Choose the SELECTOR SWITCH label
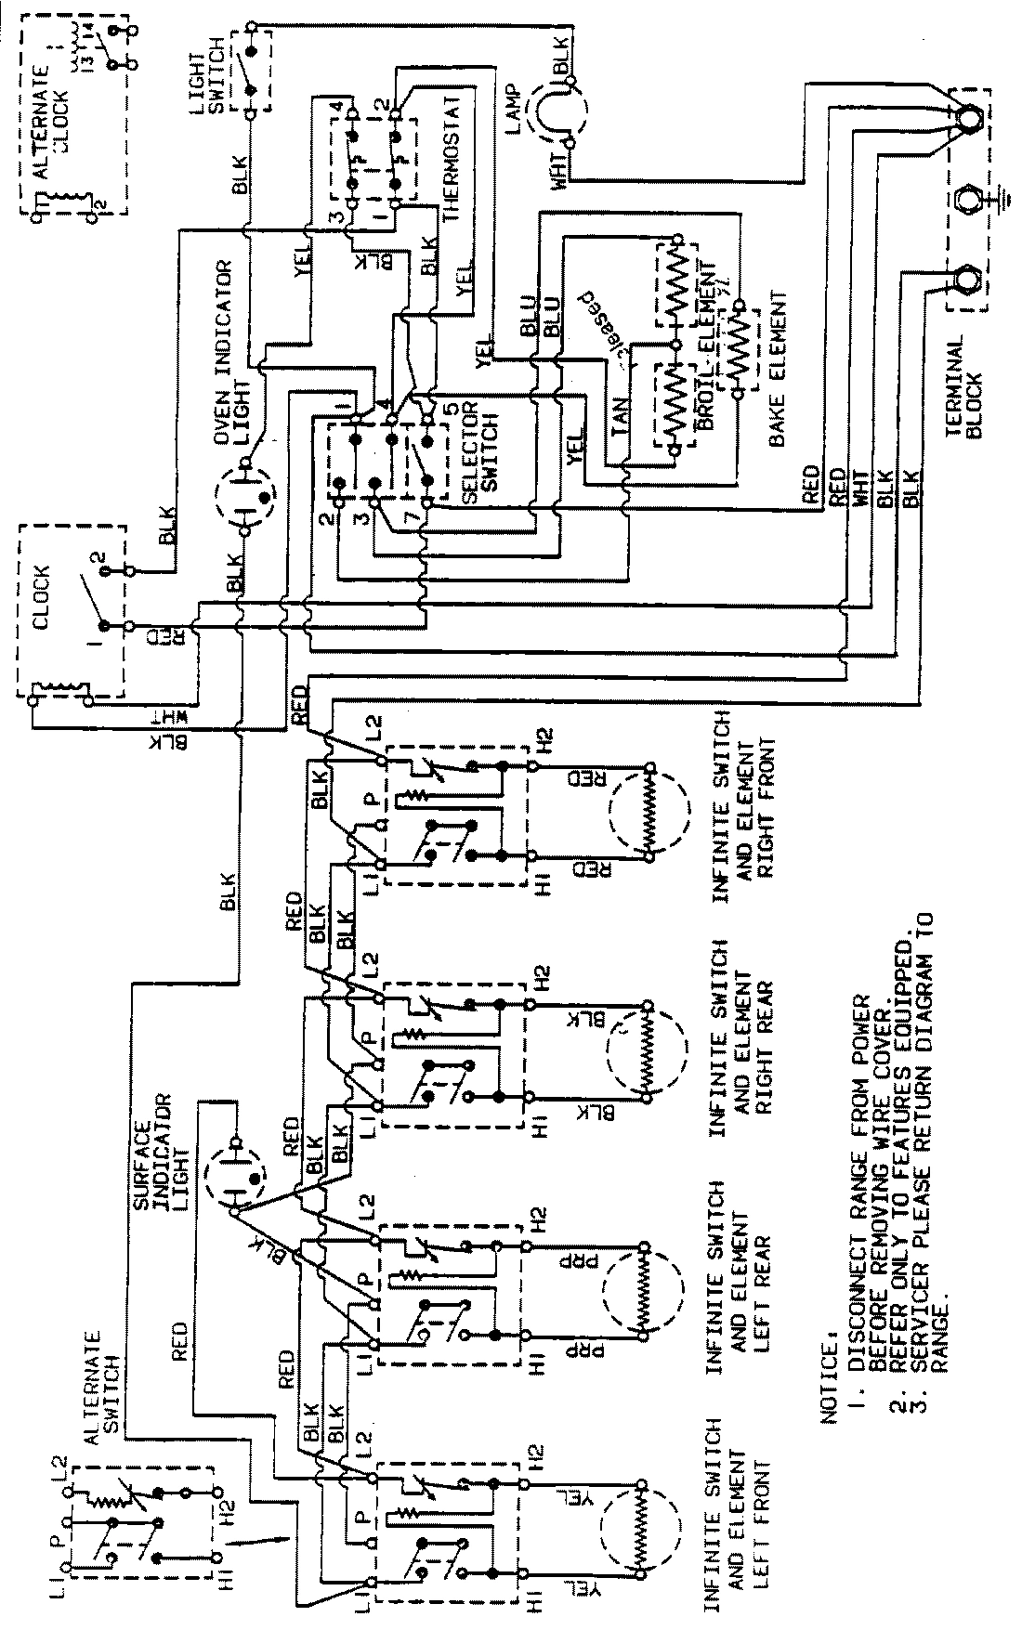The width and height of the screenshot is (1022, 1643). (x=465, y=455)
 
